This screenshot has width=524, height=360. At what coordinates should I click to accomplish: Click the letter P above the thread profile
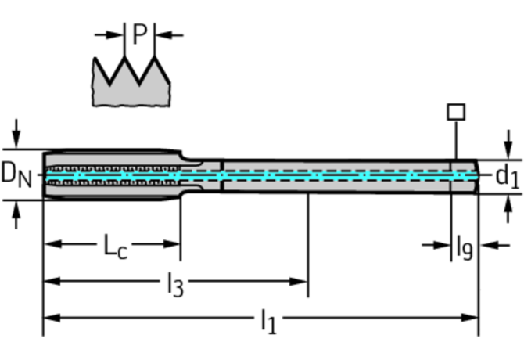coord(140,34)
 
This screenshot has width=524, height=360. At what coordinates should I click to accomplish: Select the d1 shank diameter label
coord(507,176)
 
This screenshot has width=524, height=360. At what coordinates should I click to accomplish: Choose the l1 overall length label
coord(267,320)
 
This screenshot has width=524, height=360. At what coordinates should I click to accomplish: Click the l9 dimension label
coord(464,248)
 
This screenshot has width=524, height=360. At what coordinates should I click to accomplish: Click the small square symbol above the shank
coord(455,111)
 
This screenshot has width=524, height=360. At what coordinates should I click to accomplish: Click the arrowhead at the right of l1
coord(471,318)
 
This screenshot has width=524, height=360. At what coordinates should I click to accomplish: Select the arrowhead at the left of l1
coord(50,318)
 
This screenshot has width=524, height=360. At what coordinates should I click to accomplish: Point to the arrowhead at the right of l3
coord(301,281)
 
